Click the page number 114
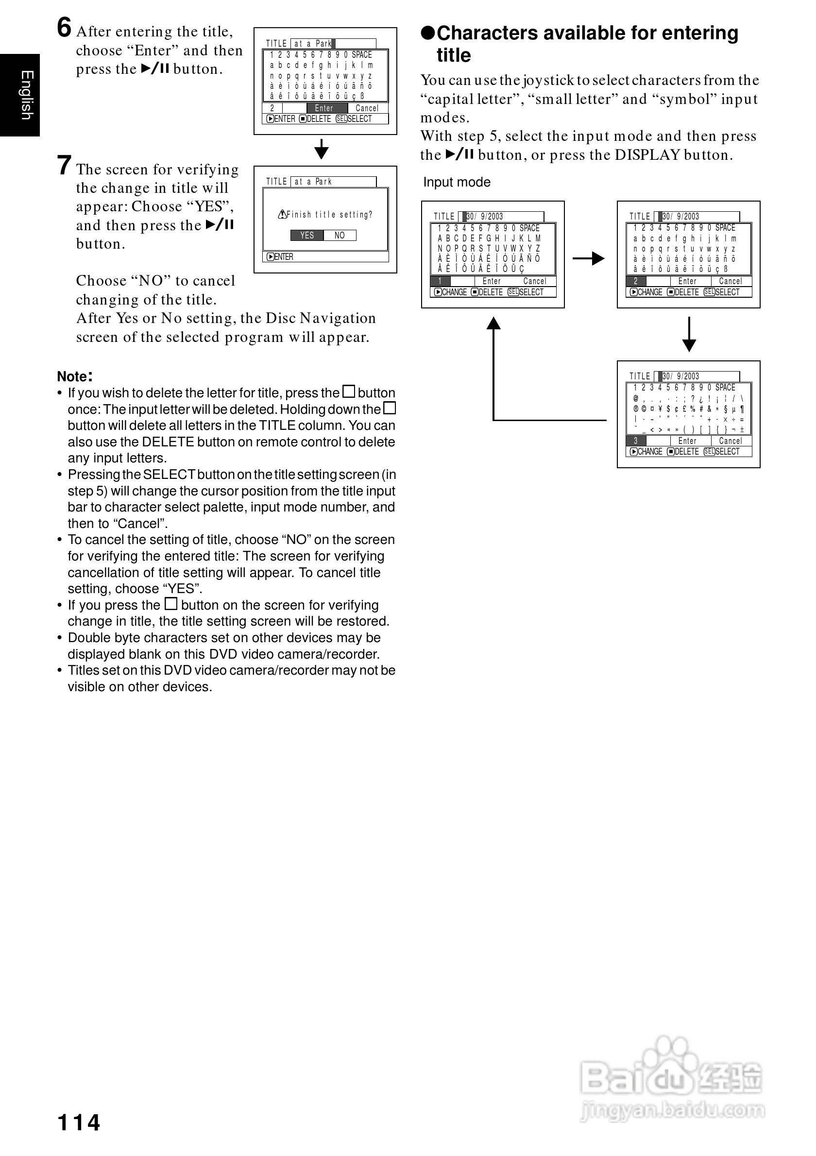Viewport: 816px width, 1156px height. pyautogui.click(x=79, y=1122)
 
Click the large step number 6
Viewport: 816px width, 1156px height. pyautogui.click(x=64, y=28)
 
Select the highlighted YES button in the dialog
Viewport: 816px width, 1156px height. pyautogui.click(x=307, y=235)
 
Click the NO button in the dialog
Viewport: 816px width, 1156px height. pyautogui.click(x=340, y=235)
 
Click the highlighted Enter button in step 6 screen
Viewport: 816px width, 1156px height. pyautogui.click(x=324, y=108)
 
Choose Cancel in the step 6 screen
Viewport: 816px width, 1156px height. pyautogui.click(x=367, y=108)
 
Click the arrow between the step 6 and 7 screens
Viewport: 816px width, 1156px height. pyautogui.click(x=321, y=150)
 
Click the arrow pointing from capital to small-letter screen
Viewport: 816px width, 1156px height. pyautogui.click(x=589, y=258)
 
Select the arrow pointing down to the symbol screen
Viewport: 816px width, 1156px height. pyautogui.click(x=689, y=334)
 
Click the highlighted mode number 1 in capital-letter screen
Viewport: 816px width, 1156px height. pyautogui.click(x=441, y=281)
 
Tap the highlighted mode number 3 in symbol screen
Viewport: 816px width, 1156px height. pyautogui.click(x=636, y=441)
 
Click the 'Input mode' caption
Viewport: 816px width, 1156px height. pyautogui.click(x=457, y=182)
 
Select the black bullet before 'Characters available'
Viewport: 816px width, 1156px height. pyautogui.click(x=427, y=33)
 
